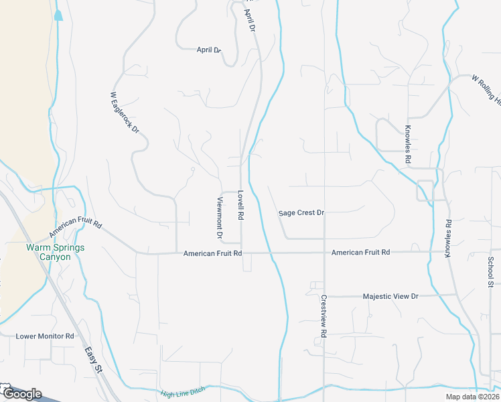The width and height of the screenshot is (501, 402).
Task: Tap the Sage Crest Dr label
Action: [301, 213]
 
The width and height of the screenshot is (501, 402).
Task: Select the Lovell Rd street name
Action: [240, 206]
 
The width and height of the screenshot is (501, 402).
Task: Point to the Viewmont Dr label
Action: [218, 218]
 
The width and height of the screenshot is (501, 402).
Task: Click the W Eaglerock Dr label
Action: [124, 112]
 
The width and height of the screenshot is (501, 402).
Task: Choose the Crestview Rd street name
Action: [324, 316]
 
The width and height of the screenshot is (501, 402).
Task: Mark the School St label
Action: [490, 272]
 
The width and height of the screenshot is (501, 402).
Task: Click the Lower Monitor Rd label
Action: [44, 336]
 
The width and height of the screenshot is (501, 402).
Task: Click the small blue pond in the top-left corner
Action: [58, 14]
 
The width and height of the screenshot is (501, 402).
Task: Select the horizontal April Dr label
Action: [208, 50]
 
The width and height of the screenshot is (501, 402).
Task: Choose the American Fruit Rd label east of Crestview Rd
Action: [360, 252]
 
